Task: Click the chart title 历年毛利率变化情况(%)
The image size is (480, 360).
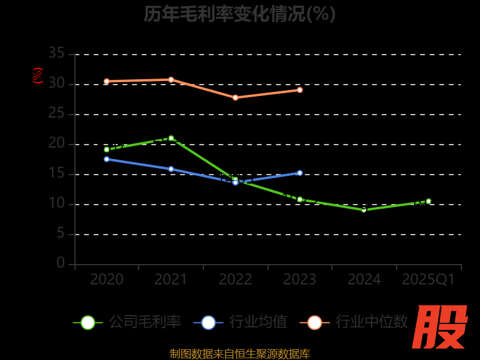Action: (x=239, y=14)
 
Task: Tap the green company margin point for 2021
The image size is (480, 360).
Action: (x=171, y=138)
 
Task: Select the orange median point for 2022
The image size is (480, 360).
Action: (x=235, y=97)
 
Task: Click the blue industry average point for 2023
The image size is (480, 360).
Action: (x=300, y=173)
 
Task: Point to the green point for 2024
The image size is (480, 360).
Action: (x=364, y=210)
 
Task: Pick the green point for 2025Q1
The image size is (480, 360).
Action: (x=428, y=201)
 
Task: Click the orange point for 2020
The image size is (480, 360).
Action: (x=107, y=81)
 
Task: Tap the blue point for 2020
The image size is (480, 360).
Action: (x=107, y=159)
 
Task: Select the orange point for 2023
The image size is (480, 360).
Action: (x=300, y=90)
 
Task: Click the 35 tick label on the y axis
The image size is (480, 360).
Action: (x=56, y=53)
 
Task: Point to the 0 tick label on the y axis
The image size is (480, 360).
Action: (x=61, y=263)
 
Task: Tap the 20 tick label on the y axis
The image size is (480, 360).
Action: (x=56, y=143)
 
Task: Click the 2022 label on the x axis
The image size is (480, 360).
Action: (x=235, y=280)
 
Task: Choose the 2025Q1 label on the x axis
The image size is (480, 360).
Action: (x=428, y=280)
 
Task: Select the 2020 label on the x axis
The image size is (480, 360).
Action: (x=107, y=280)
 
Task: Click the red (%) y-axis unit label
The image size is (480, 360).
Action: (x=38, y=76)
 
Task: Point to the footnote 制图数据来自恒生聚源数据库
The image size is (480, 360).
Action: (x=240, y=353)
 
